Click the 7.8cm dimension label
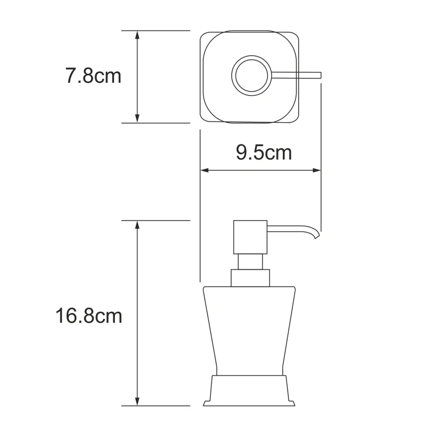pos(93,76)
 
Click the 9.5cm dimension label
pos(264,153)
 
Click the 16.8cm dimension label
pos(88,316)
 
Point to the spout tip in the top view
pos(320,75)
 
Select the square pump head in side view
pos(250,237)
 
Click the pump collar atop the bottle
pos(250,278)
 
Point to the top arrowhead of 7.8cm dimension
pos(137,34)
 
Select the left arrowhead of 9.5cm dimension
pos(204,171)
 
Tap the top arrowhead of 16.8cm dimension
pos(137,225)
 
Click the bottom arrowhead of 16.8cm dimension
pos(137,402)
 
